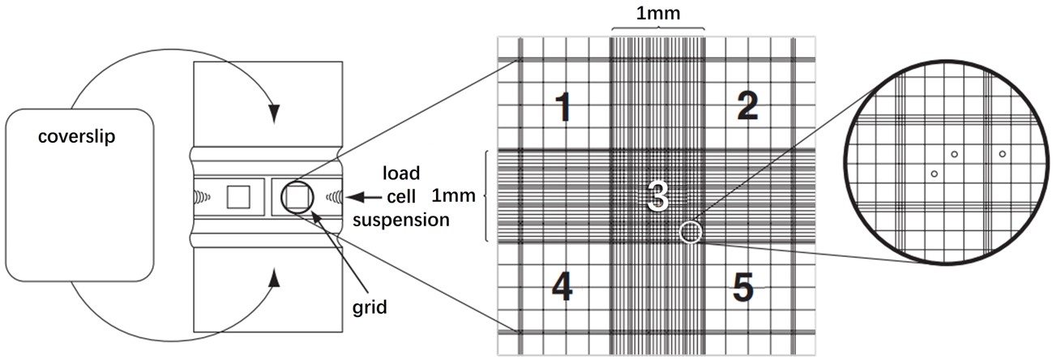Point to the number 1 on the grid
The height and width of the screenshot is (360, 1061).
pyautogui.click(x=565, y=108)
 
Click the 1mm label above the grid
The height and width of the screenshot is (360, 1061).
pyautogui.click(x=657, y=14)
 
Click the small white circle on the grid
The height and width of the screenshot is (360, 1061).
pyautogui.click(x=691, y=234)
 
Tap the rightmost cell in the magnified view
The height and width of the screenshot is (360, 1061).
pyautogui.click(x=1003, y=153)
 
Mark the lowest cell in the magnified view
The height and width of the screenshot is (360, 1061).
pyautogui.click(x=935, y=174)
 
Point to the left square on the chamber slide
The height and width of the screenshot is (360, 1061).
pyautogui.click(x=238, y=196)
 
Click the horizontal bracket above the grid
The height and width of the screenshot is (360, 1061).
pyautogui.click(x=657, y=29)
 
